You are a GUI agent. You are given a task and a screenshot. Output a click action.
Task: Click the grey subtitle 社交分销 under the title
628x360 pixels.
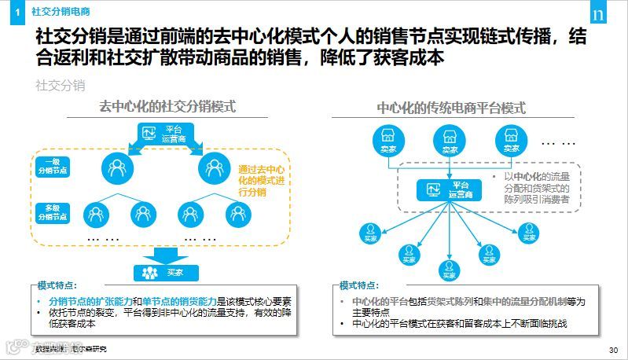(x=61, y=84)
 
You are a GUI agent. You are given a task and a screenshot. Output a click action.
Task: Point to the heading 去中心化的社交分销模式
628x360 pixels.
(x=167, y=107)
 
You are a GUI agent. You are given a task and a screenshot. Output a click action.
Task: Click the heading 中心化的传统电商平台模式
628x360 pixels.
(x=451, y=108)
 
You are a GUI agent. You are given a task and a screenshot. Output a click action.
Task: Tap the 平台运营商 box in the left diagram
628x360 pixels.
(x=163, y=133)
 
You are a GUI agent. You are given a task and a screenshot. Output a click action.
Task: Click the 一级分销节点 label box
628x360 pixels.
(x=54, y=166)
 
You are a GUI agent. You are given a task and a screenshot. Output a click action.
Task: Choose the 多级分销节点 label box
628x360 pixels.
(x=54, y=211)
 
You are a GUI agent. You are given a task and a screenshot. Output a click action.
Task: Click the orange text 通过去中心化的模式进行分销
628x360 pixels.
(x=262, y=180)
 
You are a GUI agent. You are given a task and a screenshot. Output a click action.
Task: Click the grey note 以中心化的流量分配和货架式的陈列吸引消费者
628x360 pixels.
(x=536, y=189)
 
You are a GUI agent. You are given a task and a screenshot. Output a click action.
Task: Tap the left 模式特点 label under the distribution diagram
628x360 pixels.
(x=59, y=286)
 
